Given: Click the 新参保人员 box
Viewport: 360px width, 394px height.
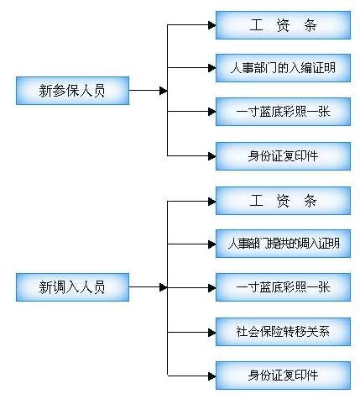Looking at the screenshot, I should pyautogui.click(x=72, y=90).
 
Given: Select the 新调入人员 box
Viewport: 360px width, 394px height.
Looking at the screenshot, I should pyautogui.click(x=72, y=287).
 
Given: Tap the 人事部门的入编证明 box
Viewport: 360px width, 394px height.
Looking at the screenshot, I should pyautogui.click(x=283, y=68).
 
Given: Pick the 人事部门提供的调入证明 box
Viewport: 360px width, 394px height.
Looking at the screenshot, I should pyautogui.click(x=283, y=244).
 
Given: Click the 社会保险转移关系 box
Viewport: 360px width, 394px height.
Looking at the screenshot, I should pyautogui.click(x=283, y=331).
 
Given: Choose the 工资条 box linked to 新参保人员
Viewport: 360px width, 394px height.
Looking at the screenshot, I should pyautogui.click(x=283, y=25).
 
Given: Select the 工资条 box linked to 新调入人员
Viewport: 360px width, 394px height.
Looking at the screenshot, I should pyautogui.click(x=283, y=201).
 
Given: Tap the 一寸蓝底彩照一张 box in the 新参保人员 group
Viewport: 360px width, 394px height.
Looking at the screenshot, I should pyautogui.click(x=283, y=112).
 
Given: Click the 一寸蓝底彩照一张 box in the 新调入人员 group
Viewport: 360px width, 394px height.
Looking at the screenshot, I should pyautogui.click(x=283, y=287).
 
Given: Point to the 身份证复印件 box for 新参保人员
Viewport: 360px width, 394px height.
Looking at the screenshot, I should pyautogui.click(x=283, y=155).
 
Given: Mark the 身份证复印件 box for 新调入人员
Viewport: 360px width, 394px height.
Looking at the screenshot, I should pyautogui.click(x=283, y=374).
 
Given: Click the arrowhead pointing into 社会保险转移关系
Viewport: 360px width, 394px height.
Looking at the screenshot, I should pyautogui.click(x=211, y=331).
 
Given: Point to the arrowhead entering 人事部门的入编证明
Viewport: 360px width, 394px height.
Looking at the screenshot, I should pyautogui.click(x=211, y=68).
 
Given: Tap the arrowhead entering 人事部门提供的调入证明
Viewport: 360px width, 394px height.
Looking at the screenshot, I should pyautogui.click(x=211, y=244).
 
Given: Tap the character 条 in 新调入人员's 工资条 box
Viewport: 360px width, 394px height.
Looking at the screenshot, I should pyautogui.click(x=310, y=201).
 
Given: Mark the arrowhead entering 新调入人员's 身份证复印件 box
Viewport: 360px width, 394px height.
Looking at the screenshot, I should pyautogui.click(x=211, y=374).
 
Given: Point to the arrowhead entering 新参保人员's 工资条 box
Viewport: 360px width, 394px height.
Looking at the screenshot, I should pyautogui.click(x=211, y=25).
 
